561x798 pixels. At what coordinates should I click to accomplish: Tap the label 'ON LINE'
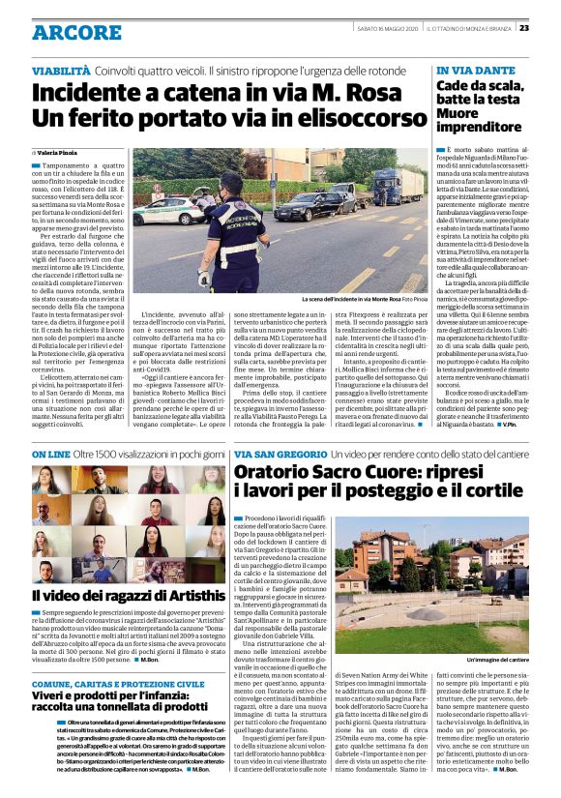click(51, 454)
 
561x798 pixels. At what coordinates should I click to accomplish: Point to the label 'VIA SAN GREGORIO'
click(270, 454)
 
